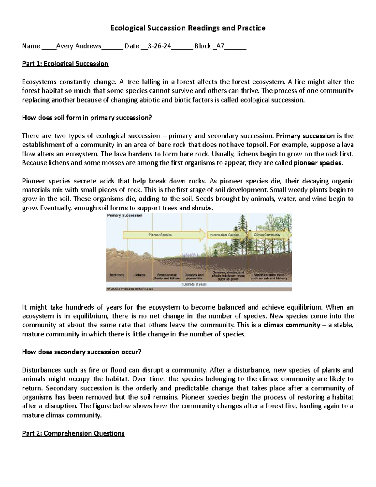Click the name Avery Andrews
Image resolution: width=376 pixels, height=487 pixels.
point(78,46)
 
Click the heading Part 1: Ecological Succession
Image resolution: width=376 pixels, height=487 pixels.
point(65,64)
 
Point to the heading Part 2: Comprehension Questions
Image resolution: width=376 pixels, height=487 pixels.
point(73,433)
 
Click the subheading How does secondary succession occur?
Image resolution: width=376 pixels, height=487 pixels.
point(82,352)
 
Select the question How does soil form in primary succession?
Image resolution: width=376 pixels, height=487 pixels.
point(87,118)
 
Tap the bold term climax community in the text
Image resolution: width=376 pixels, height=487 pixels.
point(292,325)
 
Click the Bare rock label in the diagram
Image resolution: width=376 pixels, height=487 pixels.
point(117,275)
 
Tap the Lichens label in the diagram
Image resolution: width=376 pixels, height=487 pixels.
point(139,275)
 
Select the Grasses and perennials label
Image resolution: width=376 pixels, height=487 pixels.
point(194,276)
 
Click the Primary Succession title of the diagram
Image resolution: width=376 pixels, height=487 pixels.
point(125,215)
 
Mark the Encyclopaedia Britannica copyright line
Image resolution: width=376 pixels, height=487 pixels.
point(130,289)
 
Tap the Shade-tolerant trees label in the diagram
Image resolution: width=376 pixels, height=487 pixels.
point(269,276)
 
